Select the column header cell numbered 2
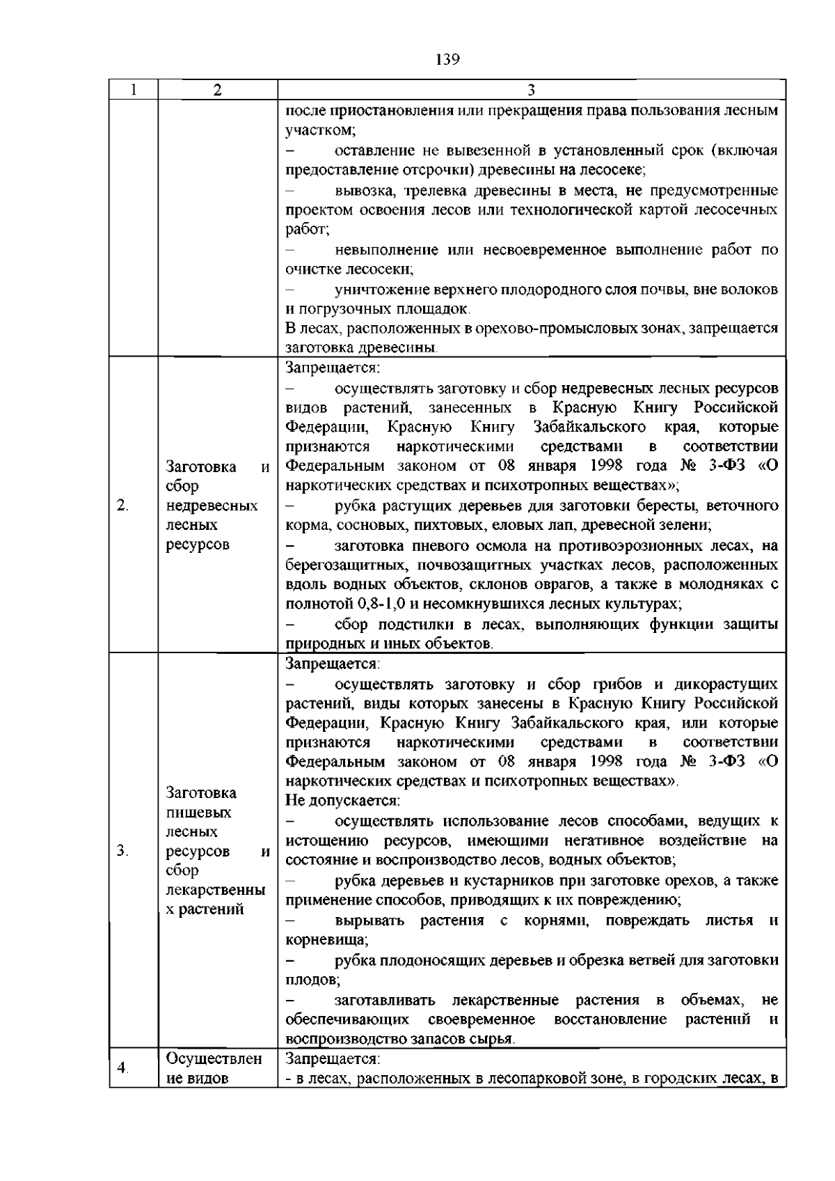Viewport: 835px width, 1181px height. click(x=218, y=91)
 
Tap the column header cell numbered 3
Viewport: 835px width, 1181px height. click(x=531, y=91)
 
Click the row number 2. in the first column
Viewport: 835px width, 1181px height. click(x=123, y=505)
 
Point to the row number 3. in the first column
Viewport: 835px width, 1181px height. click(x=123, y=850)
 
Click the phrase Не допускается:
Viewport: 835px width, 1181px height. click(x=342, y=801)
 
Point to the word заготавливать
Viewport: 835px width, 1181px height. click(x=384, y=1000)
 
